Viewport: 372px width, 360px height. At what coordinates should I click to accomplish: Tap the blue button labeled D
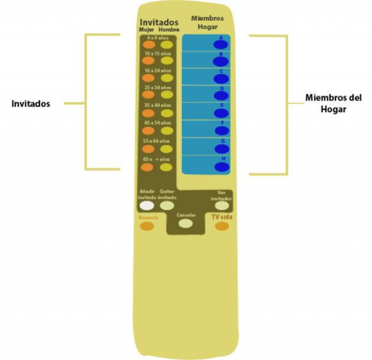point(222,97)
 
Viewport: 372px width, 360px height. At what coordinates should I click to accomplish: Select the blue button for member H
point(222,167)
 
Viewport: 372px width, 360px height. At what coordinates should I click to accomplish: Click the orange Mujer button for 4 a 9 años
point(148,45)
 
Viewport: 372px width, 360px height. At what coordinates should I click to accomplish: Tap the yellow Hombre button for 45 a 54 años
point(166,131)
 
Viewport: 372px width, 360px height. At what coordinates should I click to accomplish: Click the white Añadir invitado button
point(147,205)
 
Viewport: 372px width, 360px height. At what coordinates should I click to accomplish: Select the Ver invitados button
point(222,205)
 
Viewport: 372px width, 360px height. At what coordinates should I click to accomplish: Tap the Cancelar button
point(185,224)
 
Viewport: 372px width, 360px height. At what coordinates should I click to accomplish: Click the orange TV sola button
point(222,226)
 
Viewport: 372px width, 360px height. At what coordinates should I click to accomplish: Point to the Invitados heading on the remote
point(159,22)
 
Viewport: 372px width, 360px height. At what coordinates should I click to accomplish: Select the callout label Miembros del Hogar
point(333,103)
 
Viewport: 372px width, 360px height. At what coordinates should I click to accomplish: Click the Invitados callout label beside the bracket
point(31,104)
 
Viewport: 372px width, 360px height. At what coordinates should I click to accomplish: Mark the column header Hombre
point(169,30)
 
